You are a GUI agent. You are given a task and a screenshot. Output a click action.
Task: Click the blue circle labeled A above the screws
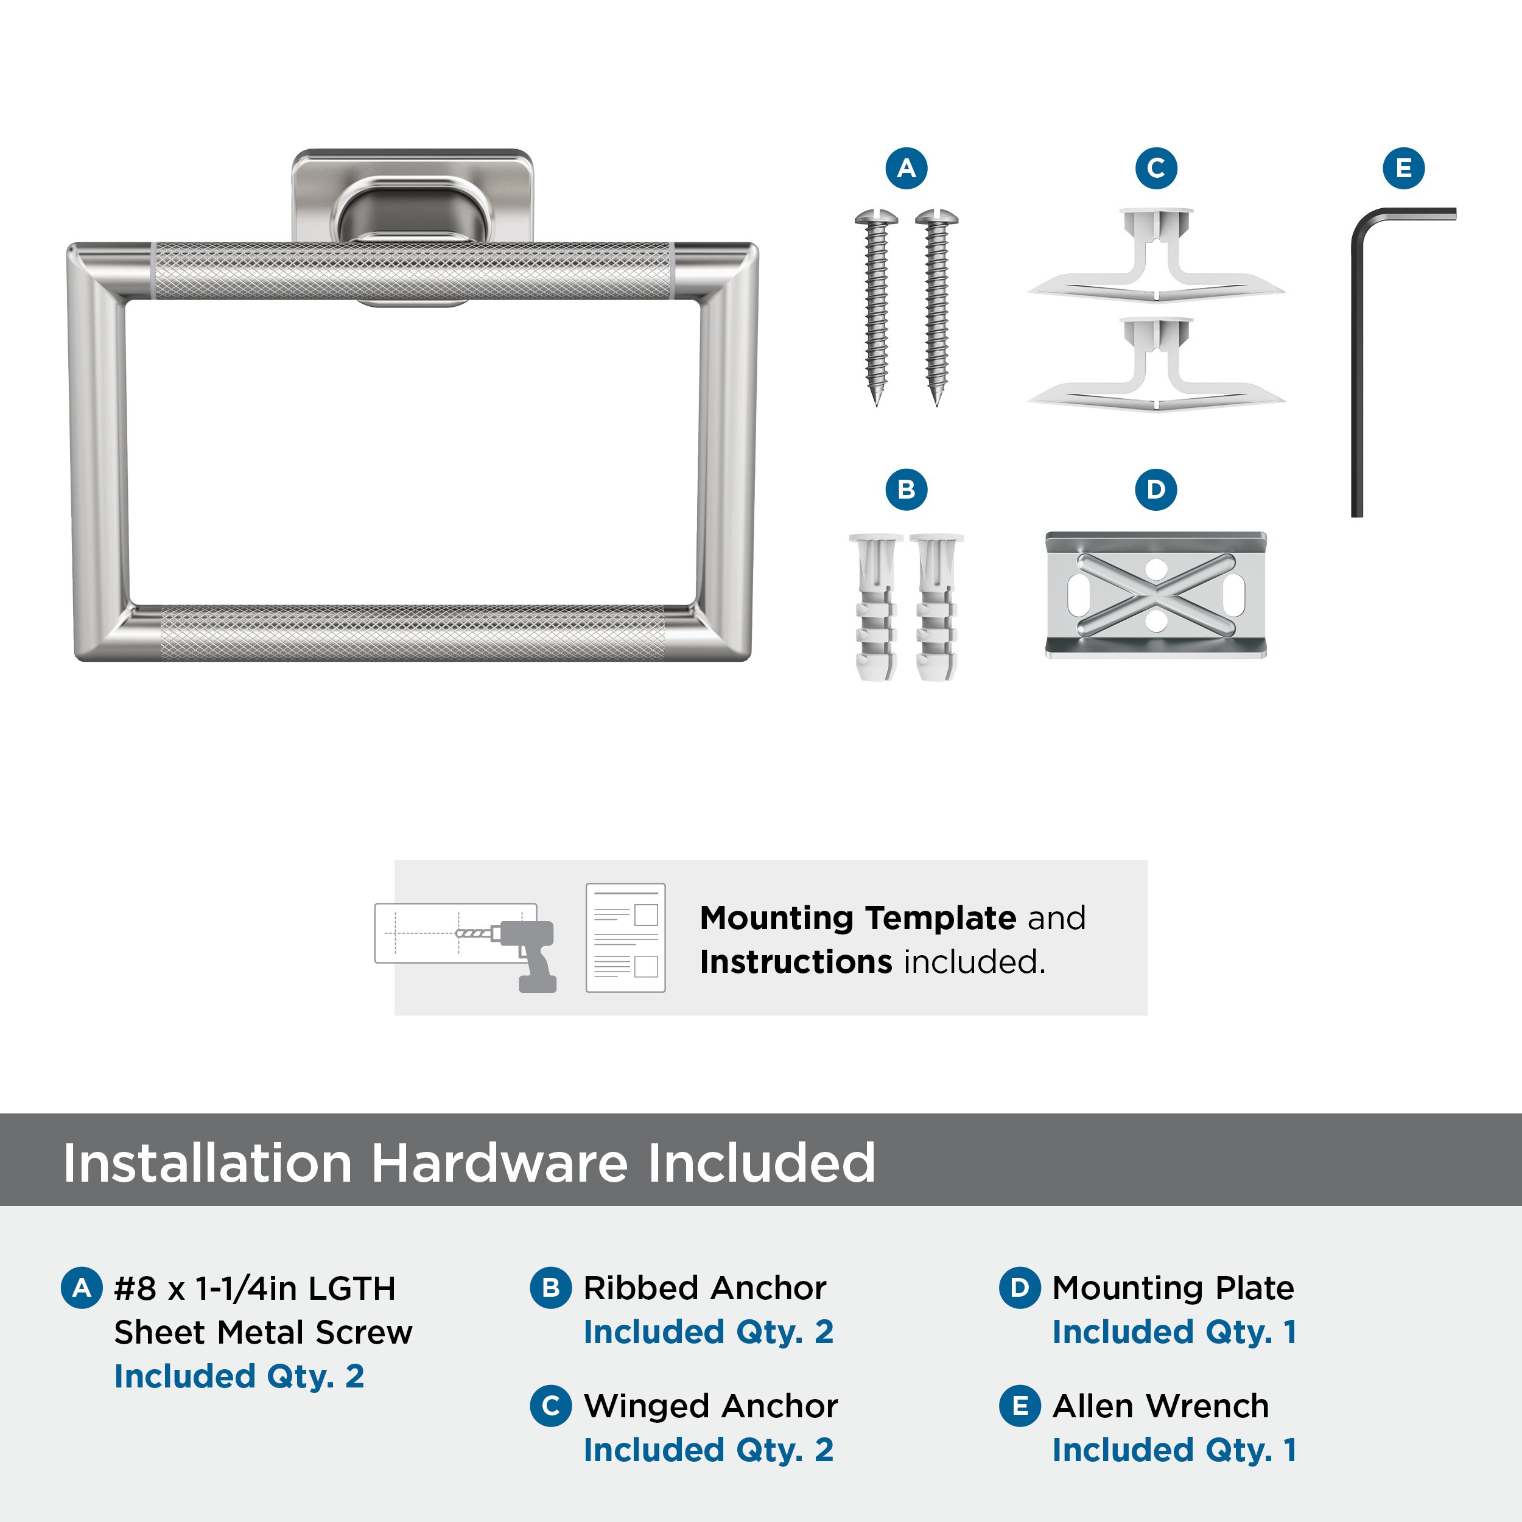pyautogui.click(x=906, y=168)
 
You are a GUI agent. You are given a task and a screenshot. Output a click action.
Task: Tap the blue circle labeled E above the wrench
pyautogui.click(x=1404, y=168)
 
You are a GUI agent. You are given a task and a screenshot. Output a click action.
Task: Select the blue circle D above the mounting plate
pyautogui.click(x=1156, y=489)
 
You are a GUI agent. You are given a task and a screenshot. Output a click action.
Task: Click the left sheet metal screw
pyautogui.click(x=876, y=307)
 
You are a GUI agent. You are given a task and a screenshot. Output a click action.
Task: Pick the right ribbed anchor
pyautogui.click(x=936, y=606)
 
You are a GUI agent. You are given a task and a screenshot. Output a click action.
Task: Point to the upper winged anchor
pyautogui.click(x=1156, y=254)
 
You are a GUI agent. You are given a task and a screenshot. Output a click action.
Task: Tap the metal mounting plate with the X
pyautogui.click(x=1156, y=595)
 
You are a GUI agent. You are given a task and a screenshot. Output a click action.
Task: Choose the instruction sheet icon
pyautogui.click(x=625, y=938)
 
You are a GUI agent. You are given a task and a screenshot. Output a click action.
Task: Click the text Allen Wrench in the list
pyautogui.click(x=1160, y=1405)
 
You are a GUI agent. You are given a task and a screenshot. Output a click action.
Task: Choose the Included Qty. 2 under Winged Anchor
pyautogui.click(x=708, y=1450)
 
